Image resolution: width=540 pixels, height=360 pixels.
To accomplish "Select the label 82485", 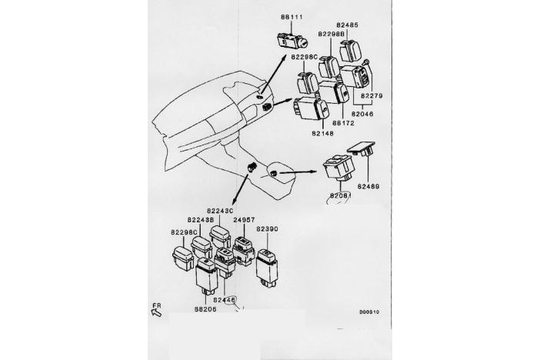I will pyautogui.click(x=348, y=25).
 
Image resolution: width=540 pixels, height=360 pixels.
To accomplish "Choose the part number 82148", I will pyautogui.click(x=323, y=132).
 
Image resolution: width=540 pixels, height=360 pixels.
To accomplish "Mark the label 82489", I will pyautogui.click(x=368, y=186).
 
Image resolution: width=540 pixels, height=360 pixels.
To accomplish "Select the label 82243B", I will pyautogui.click(x=200, y=220).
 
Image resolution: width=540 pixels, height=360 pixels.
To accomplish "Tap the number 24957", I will pyautogui.click(x=244, y=220).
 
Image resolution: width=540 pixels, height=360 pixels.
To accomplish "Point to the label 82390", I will pyautogui.click(x=267, y=229).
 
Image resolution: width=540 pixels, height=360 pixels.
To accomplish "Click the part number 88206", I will pyautogui.click(x=205, y=309).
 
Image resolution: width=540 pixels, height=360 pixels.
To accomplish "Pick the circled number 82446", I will pyautogui.click(x=225, y=299).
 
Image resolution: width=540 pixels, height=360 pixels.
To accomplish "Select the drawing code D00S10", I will pyautogui.click(x=370, y=313).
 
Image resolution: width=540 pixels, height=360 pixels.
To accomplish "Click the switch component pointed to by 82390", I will pyautogui.click(x=267, y=264).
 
